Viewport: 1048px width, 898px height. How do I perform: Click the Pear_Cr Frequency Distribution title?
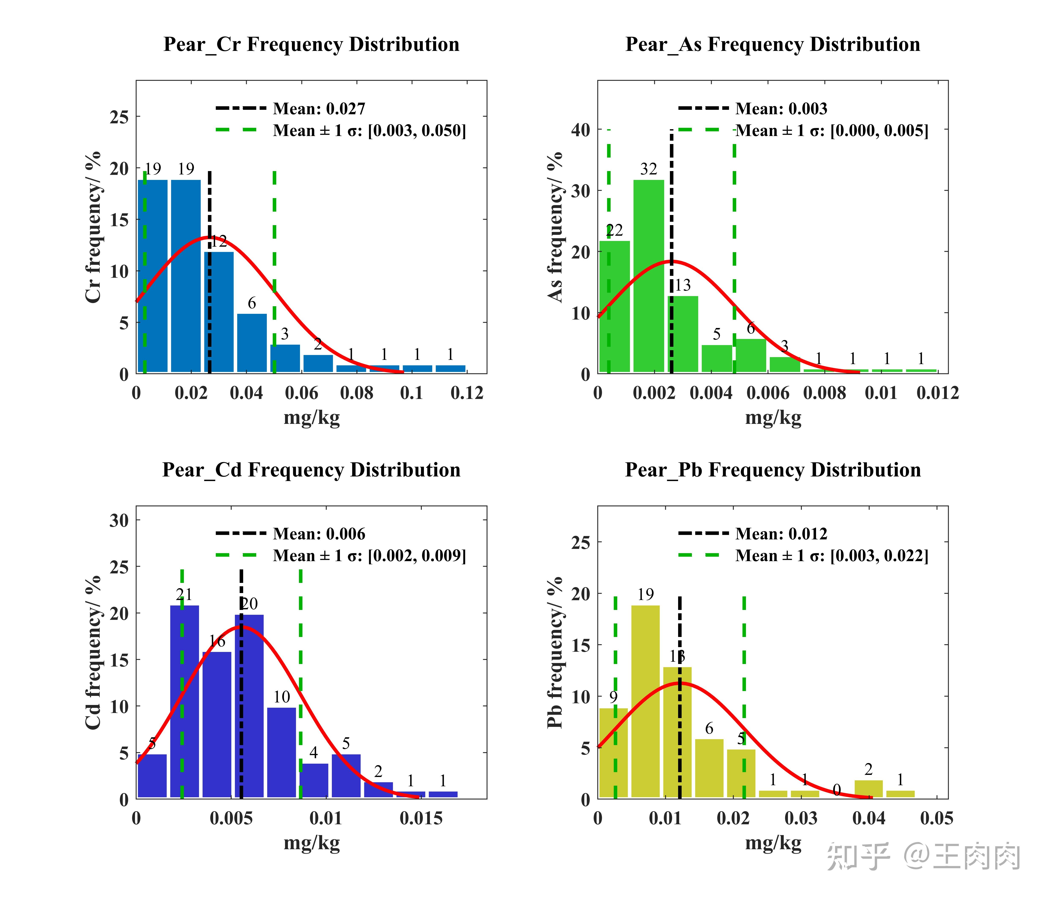click(311, 45)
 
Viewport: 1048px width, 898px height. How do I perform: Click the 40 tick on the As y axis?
click(581, 130)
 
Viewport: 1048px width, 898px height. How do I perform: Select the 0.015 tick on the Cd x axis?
click(421, 818)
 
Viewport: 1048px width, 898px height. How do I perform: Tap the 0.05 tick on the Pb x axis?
click(936, 818)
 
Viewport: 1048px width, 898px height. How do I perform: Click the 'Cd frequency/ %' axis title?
click(94, 652)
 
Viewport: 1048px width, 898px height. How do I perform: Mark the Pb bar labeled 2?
click(868, 789)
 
